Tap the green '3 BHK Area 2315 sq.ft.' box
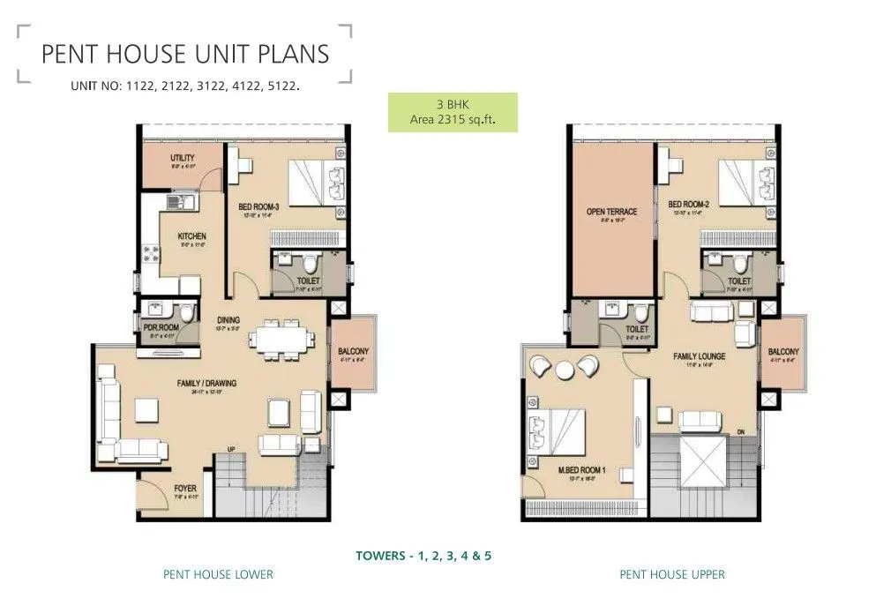tap(453, 112)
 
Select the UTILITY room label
tap(182, 159)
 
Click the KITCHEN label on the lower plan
tap(191, 236)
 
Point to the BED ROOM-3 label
tap(258, 207)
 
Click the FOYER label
tap(184, 488)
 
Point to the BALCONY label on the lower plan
tap(353, 352)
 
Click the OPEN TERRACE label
tap(611, 212)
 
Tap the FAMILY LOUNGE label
tap(699, 356)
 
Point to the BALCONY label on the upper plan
tap(783, 351)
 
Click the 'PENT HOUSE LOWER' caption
tap(218, 574)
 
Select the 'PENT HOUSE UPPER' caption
tap(672, 574)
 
